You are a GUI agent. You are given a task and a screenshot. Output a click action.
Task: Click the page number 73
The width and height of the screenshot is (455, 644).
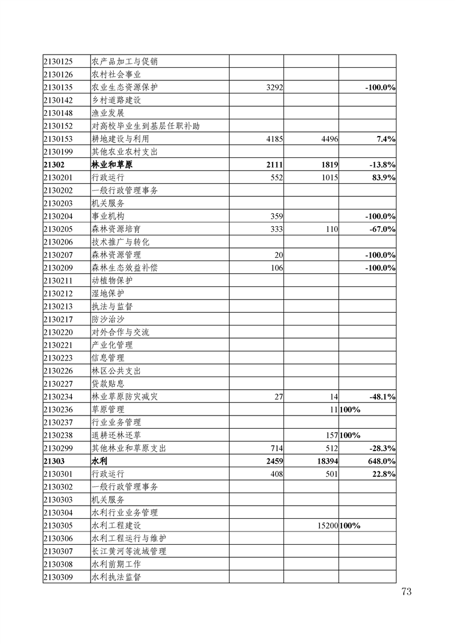point(406,592)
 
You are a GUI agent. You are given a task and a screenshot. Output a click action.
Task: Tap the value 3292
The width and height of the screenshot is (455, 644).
point(271,87)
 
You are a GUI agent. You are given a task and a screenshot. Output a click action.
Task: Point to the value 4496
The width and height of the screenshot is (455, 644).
point(326,139)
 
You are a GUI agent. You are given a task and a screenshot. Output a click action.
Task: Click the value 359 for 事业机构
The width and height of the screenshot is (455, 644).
point(276,216)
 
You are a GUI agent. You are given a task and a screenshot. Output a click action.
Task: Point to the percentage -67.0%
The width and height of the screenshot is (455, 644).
point(382,229)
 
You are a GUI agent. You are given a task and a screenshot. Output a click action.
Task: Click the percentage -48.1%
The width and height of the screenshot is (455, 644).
point(382,397)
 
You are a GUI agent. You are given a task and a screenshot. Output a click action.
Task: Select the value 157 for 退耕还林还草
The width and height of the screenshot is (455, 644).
point(330,435)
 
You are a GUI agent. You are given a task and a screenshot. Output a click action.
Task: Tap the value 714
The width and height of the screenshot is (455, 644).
point(276,448)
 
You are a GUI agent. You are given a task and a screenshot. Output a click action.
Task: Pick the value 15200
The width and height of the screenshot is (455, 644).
point(326,525)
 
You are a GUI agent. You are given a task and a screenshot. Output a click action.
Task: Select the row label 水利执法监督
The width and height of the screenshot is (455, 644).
point(116,577)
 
